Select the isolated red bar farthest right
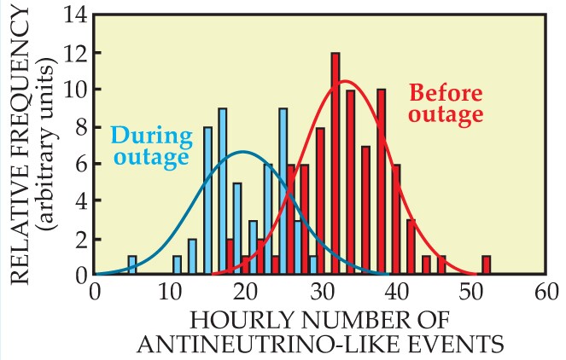(486, 265)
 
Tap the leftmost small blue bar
(132, 265)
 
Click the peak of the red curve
(343, 81)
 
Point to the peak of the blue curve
(243, 152)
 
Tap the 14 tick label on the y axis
(74, 15)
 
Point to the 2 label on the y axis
(79, 238)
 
